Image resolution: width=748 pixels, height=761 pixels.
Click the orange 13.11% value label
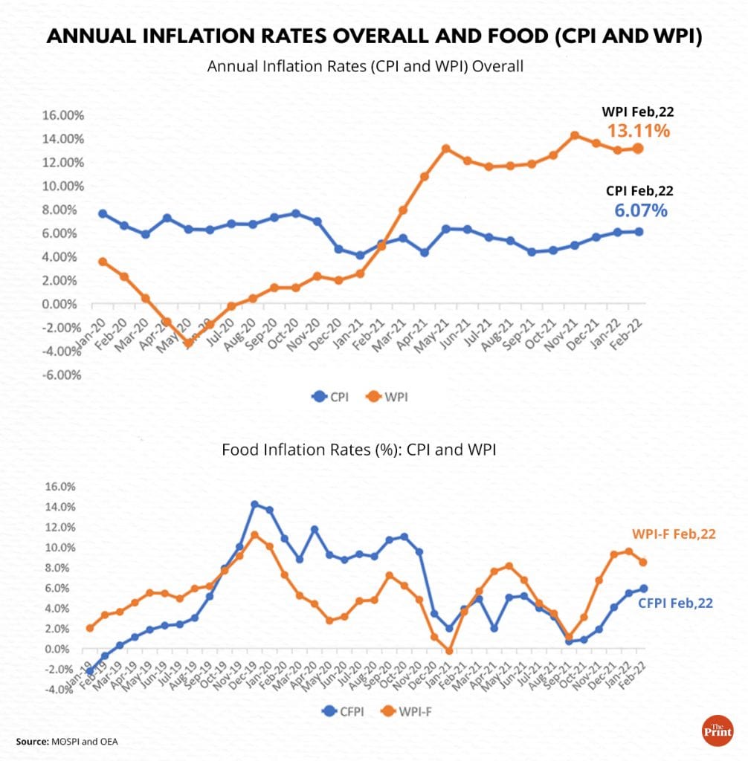pos(639,132)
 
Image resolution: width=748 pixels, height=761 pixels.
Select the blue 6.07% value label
pos(640,211)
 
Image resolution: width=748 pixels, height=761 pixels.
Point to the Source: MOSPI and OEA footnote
pos(67,742)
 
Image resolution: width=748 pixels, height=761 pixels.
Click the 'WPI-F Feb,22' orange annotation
pos(674,534)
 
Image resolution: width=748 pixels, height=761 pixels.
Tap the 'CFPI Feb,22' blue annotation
pos(675,603)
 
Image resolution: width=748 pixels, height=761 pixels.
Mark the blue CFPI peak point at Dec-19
pos(254,505)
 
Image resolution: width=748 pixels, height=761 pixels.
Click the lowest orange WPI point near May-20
pos(189,343)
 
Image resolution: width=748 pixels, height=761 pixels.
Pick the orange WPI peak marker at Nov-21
pos(574,135)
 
